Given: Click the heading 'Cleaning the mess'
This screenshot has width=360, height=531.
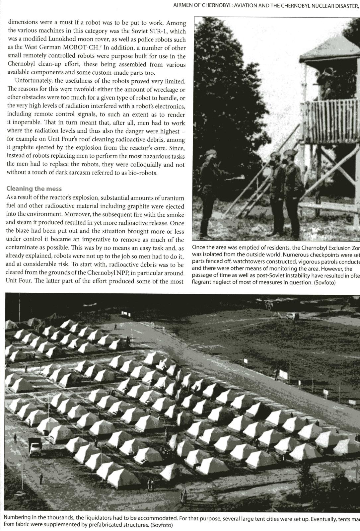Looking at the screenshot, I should tap(34, 189).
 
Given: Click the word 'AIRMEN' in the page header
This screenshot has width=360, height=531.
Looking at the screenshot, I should tap(182, 6).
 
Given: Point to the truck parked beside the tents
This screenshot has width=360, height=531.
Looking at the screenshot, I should tap(35, 447).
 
